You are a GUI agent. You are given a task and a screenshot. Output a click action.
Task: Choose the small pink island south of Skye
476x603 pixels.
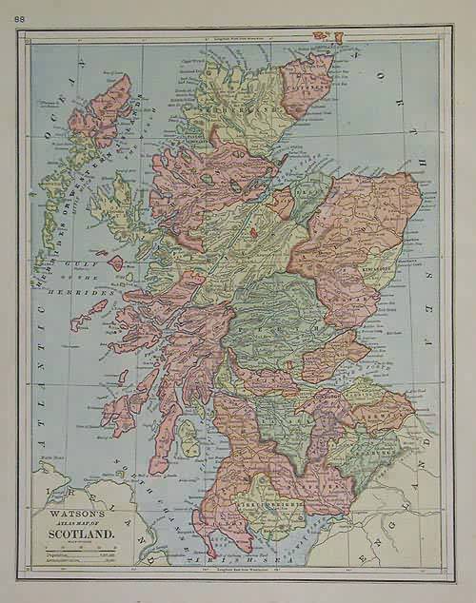116,263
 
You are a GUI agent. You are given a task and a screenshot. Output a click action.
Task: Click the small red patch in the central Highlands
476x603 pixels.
252,229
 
